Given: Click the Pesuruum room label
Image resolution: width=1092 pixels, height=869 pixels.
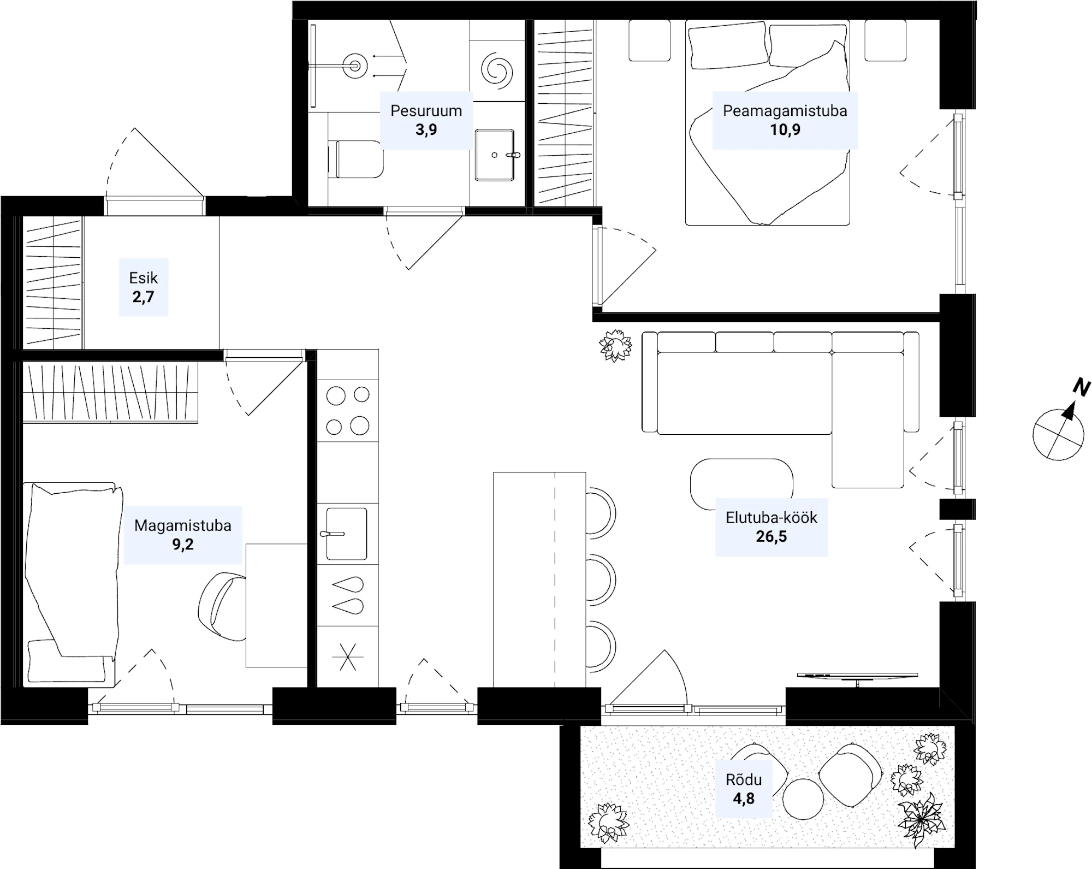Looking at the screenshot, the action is click(x=426, y=120).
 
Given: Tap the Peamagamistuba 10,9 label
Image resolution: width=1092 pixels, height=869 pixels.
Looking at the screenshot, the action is click(x=785, y=120).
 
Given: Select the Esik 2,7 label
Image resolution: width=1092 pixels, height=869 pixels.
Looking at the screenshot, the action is click(x=143, y=287).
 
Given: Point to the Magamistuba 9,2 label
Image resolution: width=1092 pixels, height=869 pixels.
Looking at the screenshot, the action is click(x=183, y=535).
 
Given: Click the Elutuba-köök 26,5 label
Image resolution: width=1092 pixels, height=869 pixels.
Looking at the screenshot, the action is click(x=771, y=527).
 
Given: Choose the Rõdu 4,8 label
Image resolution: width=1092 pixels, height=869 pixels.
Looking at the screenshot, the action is click(x=744, y=789).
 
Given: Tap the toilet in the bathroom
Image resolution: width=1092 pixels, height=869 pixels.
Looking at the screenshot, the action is click(x=355, y=159).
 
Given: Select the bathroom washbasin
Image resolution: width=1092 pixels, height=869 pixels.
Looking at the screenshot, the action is click(x=495, y=155).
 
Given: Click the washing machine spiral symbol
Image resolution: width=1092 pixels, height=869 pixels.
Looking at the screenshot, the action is click(x=497, y=69).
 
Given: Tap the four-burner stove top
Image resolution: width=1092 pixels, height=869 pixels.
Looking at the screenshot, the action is click(x=348, y=410).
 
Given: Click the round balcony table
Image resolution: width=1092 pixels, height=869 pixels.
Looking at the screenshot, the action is click(x=803, y=799).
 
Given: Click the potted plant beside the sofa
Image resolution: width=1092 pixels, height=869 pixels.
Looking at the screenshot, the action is click(x=616, y=346).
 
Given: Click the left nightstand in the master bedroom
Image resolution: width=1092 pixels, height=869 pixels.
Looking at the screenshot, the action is click(x=650, y=40).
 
